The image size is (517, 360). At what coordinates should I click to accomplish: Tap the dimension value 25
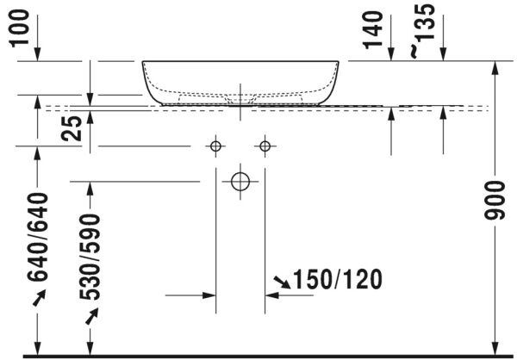pyautogui.click(x=75, y=128)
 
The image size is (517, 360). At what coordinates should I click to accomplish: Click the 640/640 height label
pyautogui.click(x=37, y=238)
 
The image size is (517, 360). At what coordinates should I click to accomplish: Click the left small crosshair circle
pyautogui.click(x=215, y=146)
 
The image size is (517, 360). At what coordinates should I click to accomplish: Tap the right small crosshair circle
pyautogui.click(x=265, y=146)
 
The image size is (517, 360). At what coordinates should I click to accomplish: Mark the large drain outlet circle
pyautogui.click(x=240, y=181)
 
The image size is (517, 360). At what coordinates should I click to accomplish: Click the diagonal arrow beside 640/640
pyautogui.click(x=37, y=298)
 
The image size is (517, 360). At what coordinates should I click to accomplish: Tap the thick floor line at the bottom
pyautogui.click(x=258, y=355)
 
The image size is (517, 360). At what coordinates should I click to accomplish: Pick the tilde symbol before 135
pyautogui.click(x=415, y=53)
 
